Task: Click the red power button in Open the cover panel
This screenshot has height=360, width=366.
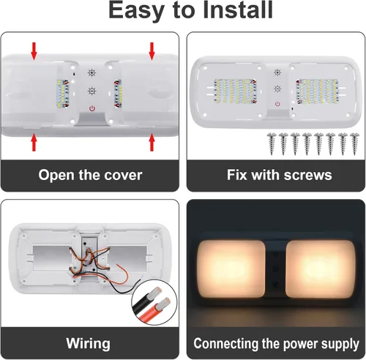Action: tap(92, 108)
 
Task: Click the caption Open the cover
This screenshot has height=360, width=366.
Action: tap(91, 176)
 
